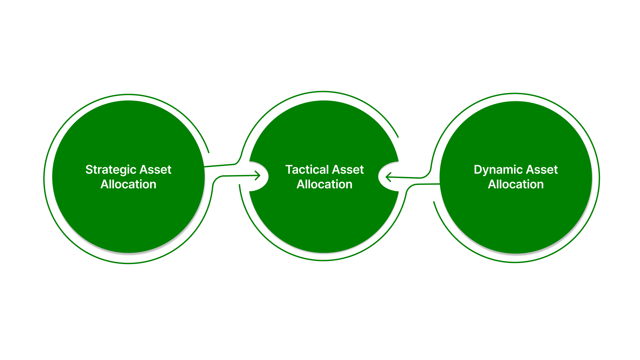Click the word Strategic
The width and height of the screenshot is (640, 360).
pos(111,170)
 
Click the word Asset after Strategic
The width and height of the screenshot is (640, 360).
pos(155,170)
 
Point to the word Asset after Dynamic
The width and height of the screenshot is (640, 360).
pos(542,170)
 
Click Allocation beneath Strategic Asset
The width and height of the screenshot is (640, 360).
pos(128,184)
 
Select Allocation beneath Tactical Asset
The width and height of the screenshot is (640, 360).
pos(324,184)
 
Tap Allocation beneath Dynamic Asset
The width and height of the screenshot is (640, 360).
pos(516,184)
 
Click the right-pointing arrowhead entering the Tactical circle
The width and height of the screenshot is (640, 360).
pos(258,175)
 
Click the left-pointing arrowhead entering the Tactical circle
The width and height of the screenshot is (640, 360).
pos(388,177)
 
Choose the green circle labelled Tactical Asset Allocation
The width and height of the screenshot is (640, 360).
pos(324,220)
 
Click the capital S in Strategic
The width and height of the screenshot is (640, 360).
pos(89,170)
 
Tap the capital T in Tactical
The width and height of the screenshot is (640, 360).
pos(289,170)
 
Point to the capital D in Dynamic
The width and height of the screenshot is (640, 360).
pos(478,170)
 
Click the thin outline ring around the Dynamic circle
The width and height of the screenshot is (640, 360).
pos(599,178)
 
